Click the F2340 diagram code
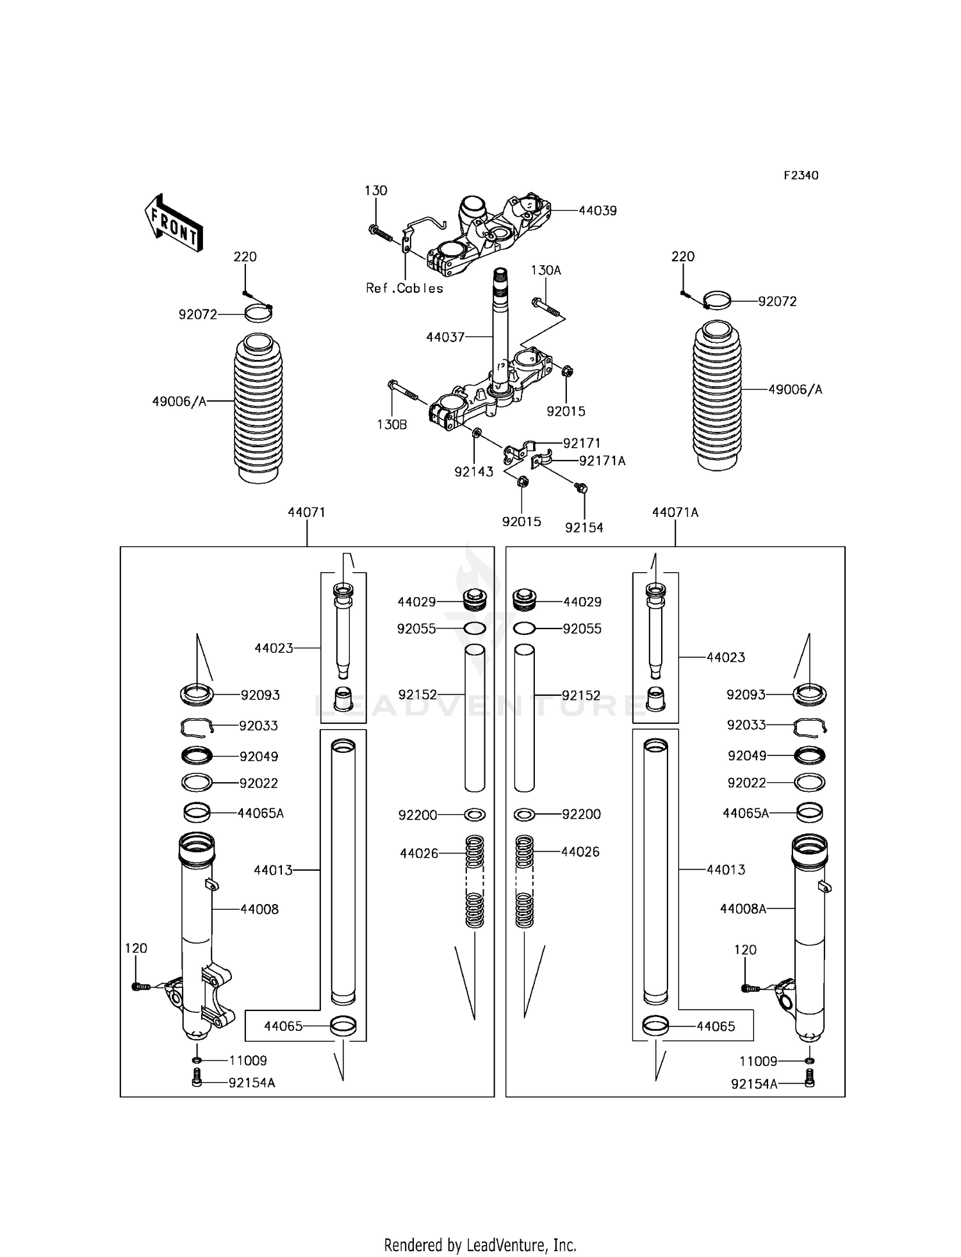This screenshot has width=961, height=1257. point(801,176)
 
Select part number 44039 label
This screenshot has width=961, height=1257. point(597,211)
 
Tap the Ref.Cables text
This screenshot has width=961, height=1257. point(404,288)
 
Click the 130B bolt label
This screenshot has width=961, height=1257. point(391,424)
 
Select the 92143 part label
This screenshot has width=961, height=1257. point(473,472)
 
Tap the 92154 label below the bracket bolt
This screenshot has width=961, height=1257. point(584,528)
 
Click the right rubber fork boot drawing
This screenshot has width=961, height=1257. point(717,396)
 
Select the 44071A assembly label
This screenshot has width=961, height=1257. point(675,513)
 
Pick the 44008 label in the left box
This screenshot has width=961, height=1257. point(259,909)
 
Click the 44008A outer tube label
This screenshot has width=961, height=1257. point(743,908)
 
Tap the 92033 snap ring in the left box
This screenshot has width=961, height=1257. point(195,726)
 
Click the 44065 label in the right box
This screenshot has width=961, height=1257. point(716,1026)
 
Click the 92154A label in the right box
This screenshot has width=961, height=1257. point(754,1083)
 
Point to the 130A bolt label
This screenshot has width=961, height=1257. point(545,270)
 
